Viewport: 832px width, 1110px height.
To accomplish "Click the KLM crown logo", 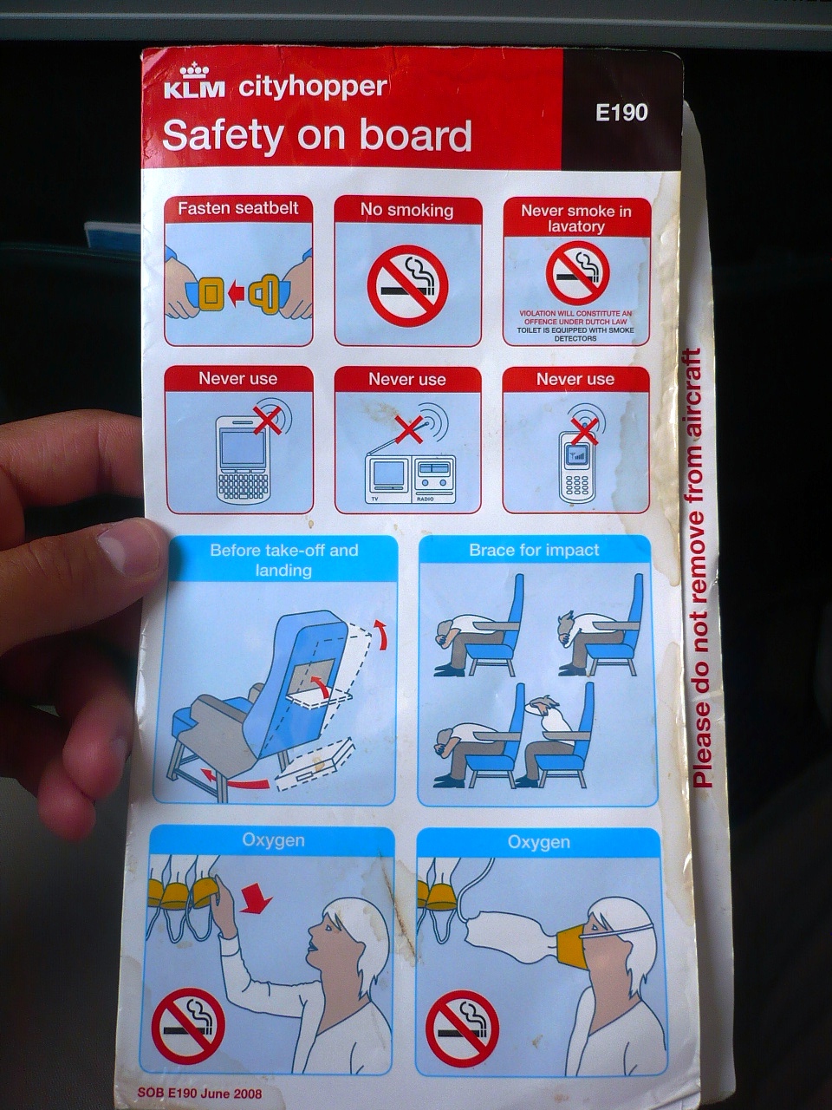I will point(193,71).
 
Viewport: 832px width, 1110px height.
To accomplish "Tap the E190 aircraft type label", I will point(621,112).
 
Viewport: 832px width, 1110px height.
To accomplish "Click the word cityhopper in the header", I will point(312,87).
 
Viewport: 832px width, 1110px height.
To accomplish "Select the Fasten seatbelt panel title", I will point(238,208).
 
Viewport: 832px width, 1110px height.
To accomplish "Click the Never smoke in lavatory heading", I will point(575,218).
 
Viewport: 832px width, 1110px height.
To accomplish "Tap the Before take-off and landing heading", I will point(283,559).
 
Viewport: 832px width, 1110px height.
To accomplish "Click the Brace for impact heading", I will point(534,550).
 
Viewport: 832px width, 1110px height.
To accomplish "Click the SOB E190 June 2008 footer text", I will point(198,1093).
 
